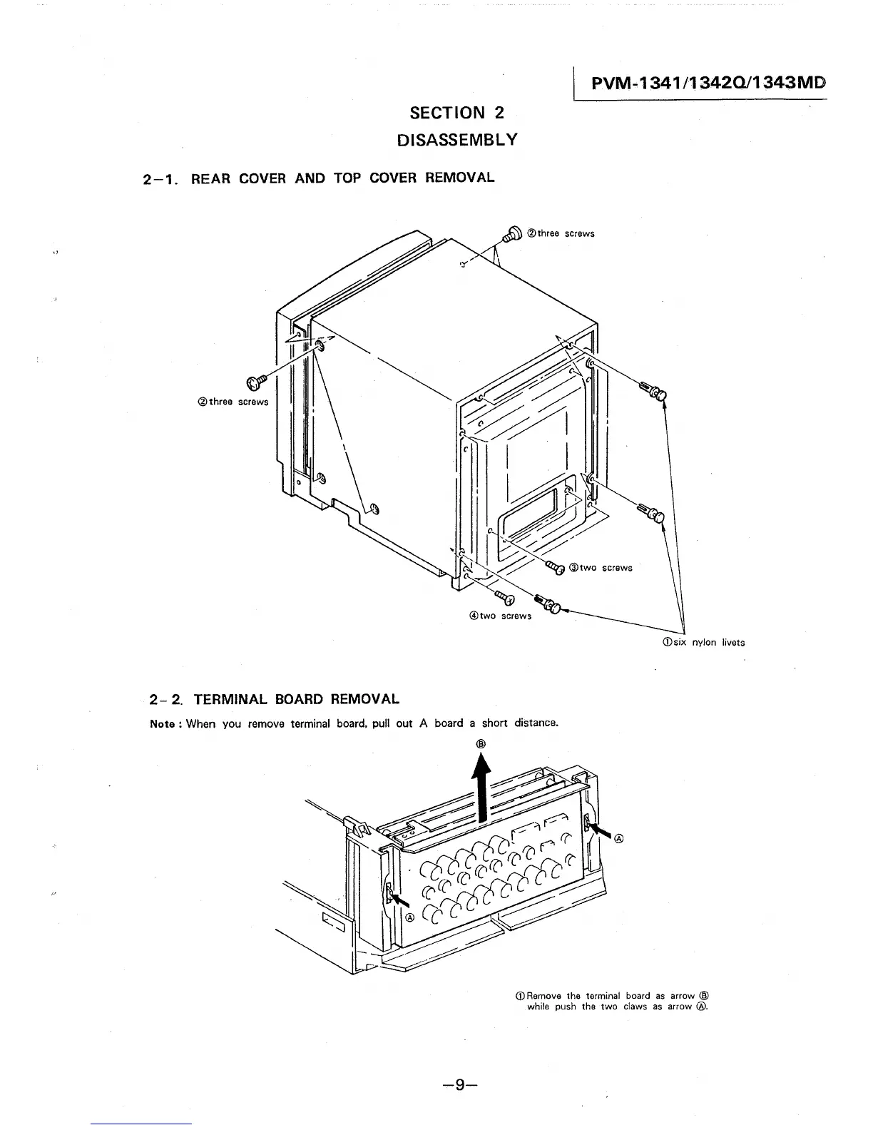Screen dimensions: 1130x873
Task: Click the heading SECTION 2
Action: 457,113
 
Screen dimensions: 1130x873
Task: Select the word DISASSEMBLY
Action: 457,139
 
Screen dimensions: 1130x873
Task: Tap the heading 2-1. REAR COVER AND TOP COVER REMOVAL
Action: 319,178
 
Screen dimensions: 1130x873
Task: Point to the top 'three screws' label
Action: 561,233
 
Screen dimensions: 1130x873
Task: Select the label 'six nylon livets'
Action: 703,642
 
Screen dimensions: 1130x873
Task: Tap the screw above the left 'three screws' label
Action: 256,382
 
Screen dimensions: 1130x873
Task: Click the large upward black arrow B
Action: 483,786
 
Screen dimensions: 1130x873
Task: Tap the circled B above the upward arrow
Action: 481,743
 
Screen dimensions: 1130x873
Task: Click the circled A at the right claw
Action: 618,838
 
